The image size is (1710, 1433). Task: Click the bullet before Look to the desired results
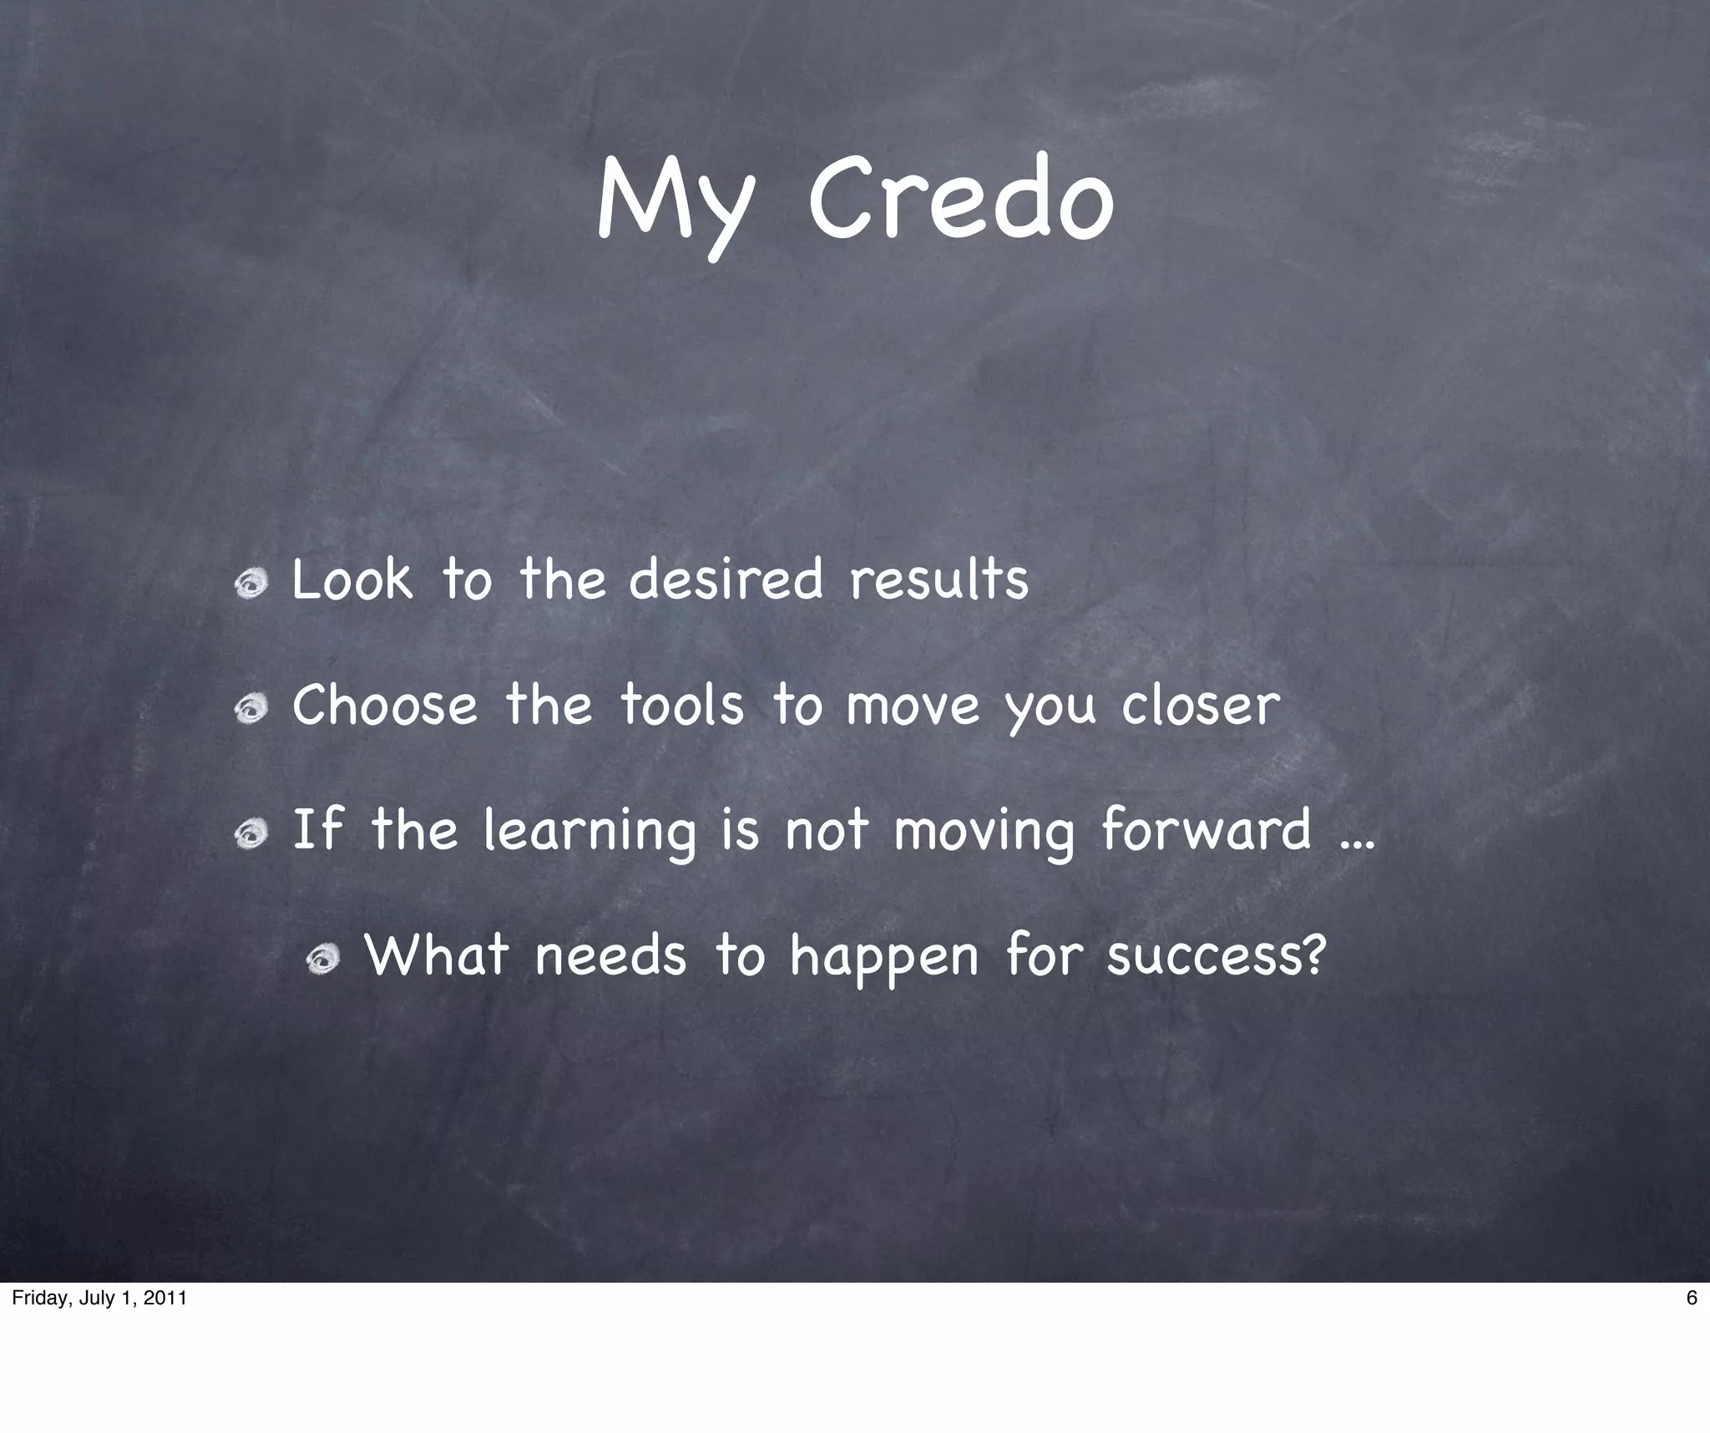251,585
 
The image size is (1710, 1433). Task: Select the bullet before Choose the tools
251,711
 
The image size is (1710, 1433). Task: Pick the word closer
1200,706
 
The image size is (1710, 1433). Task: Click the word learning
589,832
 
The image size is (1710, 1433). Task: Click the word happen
884,959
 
